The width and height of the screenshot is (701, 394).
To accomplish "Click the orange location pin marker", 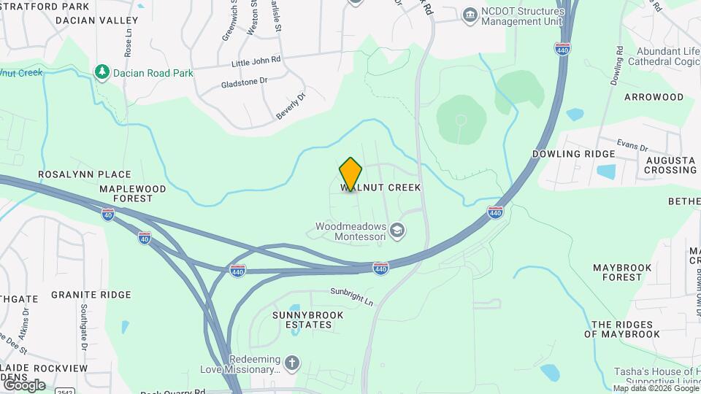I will point(350,174).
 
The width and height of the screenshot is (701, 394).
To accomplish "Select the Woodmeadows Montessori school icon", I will point(398,231).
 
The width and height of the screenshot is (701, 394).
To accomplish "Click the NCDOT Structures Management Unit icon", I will point(470,14).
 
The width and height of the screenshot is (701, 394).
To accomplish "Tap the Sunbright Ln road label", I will point(351,295).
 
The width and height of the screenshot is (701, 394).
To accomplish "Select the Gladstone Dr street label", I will point(245,82).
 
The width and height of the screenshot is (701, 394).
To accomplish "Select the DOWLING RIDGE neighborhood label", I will point(573,154).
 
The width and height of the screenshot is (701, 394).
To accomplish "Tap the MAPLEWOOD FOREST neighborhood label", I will point(133,193).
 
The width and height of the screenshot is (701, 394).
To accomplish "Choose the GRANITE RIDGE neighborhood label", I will point(91,295).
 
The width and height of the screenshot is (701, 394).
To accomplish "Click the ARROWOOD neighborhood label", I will point(653,97).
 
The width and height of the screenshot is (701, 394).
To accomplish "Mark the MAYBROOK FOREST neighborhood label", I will point(622,272).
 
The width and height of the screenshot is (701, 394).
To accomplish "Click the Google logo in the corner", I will point(24,385).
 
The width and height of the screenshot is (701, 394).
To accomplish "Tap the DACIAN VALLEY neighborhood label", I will point(97,20).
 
